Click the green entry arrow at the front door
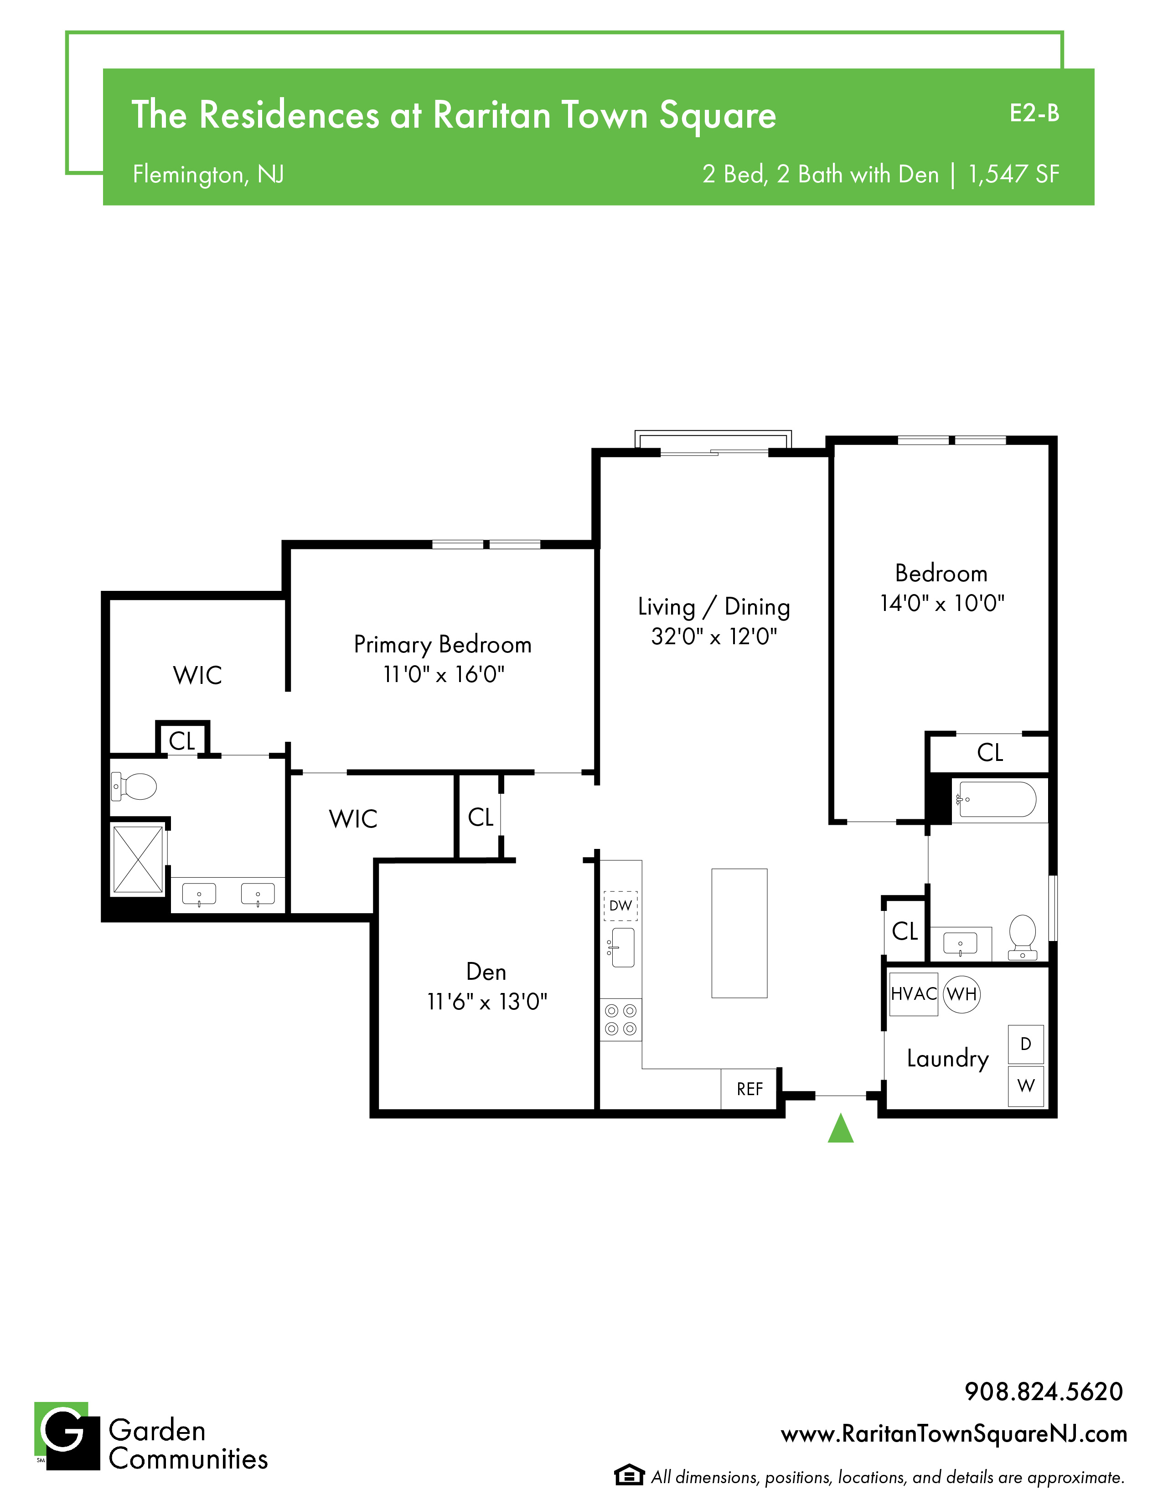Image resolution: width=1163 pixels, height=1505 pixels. click(x=841, y=1128)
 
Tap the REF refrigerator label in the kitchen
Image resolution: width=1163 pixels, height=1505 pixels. click(x=749, y=1089)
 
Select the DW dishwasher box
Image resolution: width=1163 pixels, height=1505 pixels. click(x=621, y=905)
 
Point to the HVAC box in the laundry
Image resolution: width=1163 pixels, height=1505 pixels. click(x=914, y=994)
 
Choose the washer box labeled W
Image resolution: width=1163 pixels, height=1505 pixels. click(x=1026, y=1086)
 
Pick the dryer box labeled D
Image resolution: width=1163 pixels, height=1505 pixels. click(x=1026, y=1045)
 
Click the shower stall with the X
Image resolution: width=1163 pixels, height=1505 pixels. click(x=138, y=860)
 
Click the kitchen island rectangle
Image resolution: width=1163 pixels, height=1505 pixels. click(x=739, y=933)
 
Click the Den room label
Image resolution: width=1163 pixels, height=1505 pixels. click(x=486, y=972)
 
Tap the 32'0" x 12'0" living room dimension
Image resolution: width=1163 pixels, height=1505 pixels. click(x=714, y=636)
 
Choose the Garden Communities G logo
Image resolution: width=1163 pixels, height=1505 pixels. click(x=67, y=1436)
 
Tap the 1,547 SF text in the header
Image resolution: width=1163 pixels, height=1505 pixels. click(x=1013, y=174)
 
